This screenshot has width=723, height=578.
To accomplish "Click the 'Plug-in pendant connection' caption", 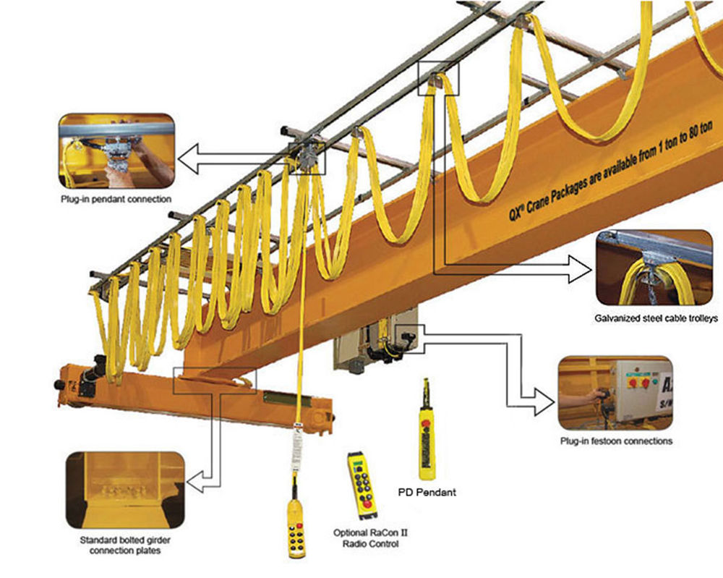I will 116,198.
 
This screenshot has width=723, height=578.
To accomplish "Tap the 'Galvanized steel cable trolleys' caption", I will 654,318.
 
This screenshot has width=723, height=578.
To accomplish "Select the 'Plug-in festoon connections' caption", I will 616,441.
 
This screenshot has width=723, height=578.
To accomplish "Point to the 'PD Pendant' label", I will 427,493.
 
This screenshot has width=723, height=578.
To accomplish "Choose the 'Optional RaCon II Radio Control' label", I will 366,537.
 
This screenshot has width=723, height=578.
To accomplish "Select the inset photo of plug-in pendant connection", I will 117,149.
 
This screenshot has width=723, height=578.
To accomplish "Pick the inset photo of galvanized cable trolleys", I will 654,268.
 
